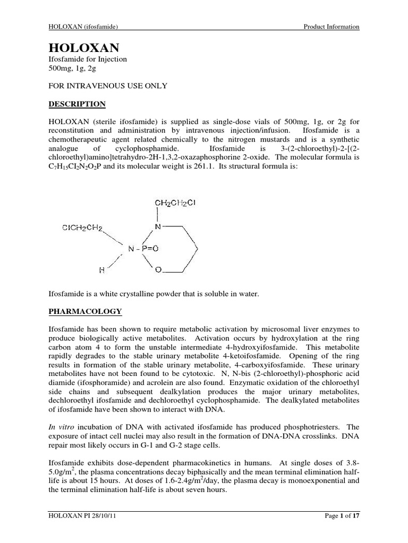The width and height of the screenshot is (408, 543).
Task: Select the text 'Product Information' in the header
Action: pos(334,27)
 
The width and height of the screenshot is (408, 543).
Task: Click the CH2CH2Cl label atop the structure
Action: pos(175,203)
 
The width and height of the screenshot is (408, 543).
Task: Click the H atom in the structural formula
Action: pos(101,270)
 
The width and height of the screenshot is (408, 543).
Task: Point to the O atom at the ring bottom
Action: pos(158,270)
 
